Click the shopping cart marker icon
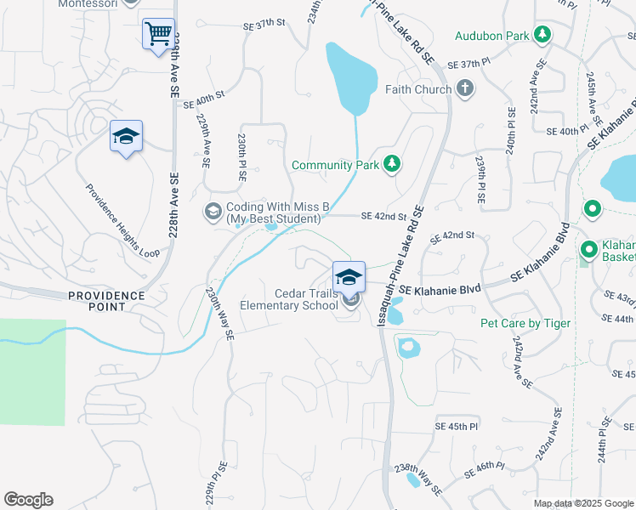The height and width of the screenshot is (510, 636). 158,35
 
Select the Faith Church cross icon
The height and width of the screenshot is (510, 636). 465,88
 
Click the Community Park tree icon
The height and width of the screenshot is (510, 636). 391,164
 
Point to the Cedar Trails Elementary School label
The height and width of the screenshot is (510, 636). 290,299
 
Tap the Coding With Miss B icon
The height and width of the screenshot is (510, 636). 213,211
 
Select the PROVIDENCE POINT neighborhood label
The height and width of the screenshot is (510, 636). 107,301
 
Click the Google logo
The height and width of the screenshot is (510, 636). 28,500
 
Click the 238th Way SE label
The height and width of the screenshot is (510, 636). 417,479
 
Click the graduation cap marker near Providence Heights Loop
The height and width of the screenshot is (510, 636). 126,137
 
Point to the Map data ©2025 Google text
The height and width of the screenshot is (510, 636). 582,503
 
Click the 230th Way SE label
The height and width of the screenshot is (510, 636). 219,313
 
